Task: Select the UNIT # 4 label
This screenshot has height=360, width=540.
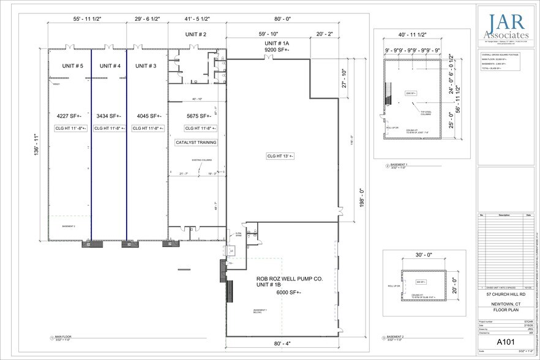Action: tap(109, 66)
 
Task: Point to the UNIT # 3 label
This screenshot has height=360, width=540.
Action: tap(146, 66)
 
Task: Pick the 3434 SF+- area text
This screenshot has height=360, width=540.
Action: tap(109, 115)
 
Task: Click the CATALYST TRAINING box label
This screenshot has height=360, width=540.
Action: tap(197, 141)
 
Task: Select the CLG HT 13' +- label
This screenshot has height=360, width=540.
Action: tap(280, 156)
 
